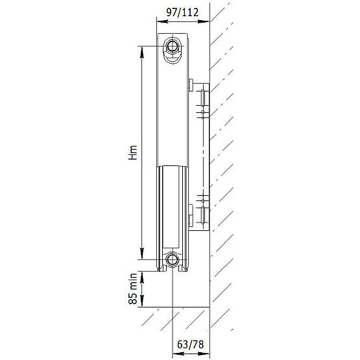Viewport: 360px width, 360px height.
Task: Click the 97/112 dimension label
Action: tap(182, 12)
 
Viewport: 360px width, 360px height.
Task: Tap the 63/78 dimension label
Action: tap(191, 344)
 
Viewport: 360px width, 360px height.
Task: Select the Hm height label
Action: tap(133, 152)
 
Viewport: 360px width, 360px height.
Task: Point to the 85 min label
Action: tap(133, 289)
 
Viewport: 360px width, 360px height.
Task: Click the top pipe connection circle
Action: tap(172, 46)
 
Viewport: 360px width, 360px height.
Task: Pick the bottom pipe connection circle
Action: tap(172, 259)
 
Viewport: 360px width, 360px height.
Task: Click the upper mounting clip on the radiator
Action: tap(191, 85)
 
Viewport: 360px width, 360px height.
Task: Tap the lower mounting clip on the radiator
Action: tap(191, 215)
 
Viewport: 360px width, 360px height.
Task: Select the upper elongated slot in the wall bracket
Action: tap(203, 98)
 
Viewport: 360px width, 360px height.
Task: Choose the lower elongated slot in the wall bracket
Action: tap(203, 215)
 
